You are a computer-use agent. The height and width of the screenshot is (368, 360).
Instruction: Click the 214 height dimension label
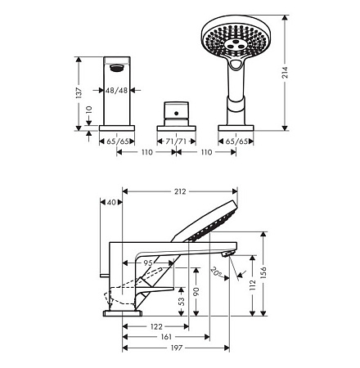coord(285,73)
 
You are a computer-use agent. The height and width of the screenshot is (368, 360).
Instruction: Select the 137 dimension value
coord(79,92)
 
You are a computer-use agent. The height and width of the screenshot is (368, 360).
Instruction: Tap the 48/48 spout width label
coord(117,90)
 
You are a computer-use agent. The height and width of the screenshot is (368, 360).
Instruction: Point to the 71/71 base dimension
coord(177,141)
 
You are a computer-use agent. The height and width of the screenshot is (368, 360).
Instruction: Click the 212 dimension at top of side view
coord(180,191)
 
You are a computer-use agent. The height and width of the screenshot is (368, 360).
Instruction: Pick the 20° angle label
coord(217,272)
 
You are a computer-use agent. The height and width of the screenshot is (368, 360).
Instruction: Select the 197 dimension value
coord(177,348)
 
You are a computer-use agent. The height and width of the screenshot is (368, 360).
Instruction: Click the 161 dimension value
coord(166,337)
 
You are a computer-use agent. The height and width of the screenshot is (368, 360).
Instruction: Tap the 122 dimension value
coord(156,326)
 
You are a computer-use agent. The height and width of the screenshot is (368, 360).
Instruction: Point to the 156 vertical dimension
coord(263,272)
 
